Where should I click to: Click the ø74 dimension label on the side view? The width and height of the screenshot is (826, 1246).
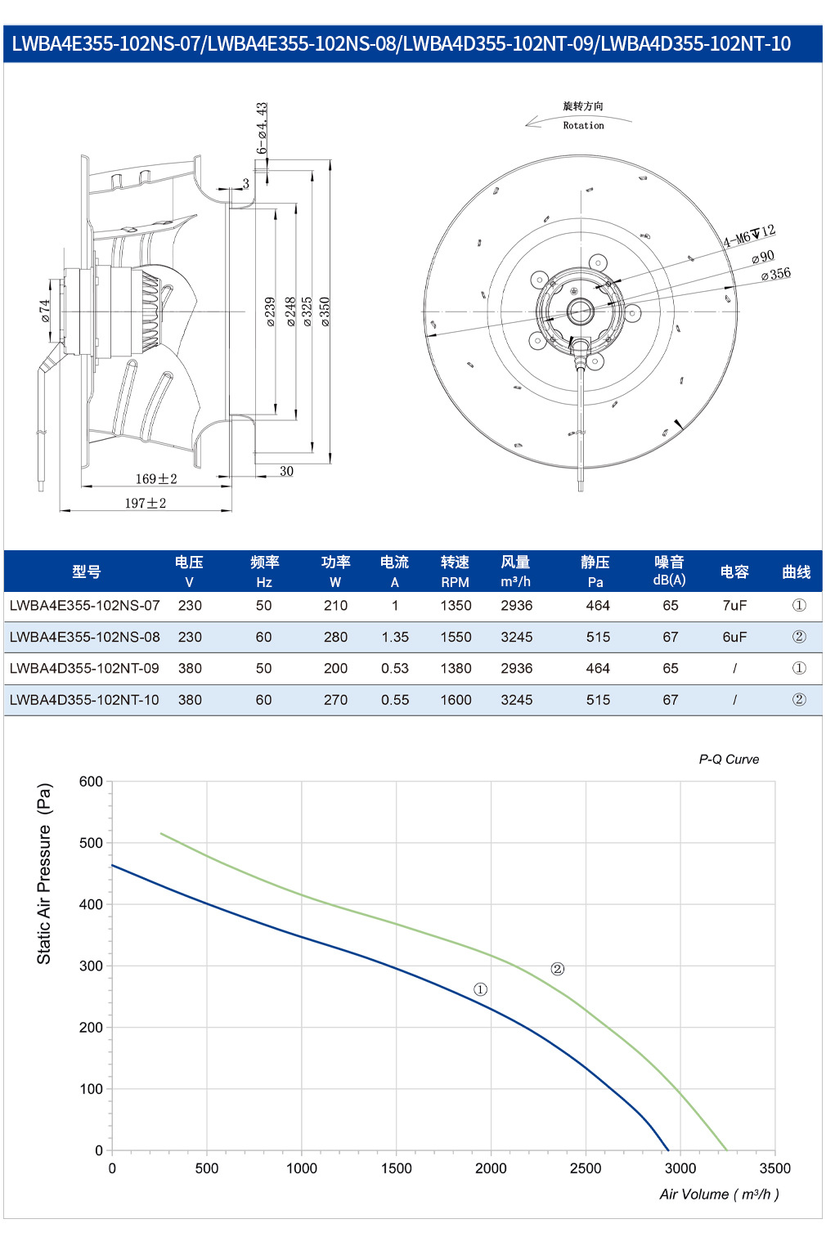pyautogui.click(x=44, y=311)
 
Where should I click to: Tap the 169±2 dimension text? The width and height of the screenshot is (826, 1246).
pyautogui.click(x=156, y=478)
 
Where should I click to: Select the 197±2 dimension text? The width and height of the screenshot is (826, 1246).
pyautogui.click(x=146, y=503)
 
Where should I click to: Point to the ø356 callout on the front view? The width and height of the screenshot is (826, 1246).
pyautogui.click(x=775, y=274)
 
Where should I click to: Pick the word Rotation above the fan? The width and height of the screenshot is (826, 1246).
pyautogui.click(x=583, y=126)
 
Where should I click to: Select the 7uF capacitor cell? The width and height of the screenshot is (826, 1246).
pyautogui.click(x=734, y=605)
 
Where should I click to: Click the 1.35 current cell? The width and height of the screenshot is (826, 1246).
pyautogui.click(x=395, y=637)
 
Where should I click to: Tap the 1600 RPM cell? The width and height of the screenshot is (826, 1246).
pyautogui.click(x=456, y=700)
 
